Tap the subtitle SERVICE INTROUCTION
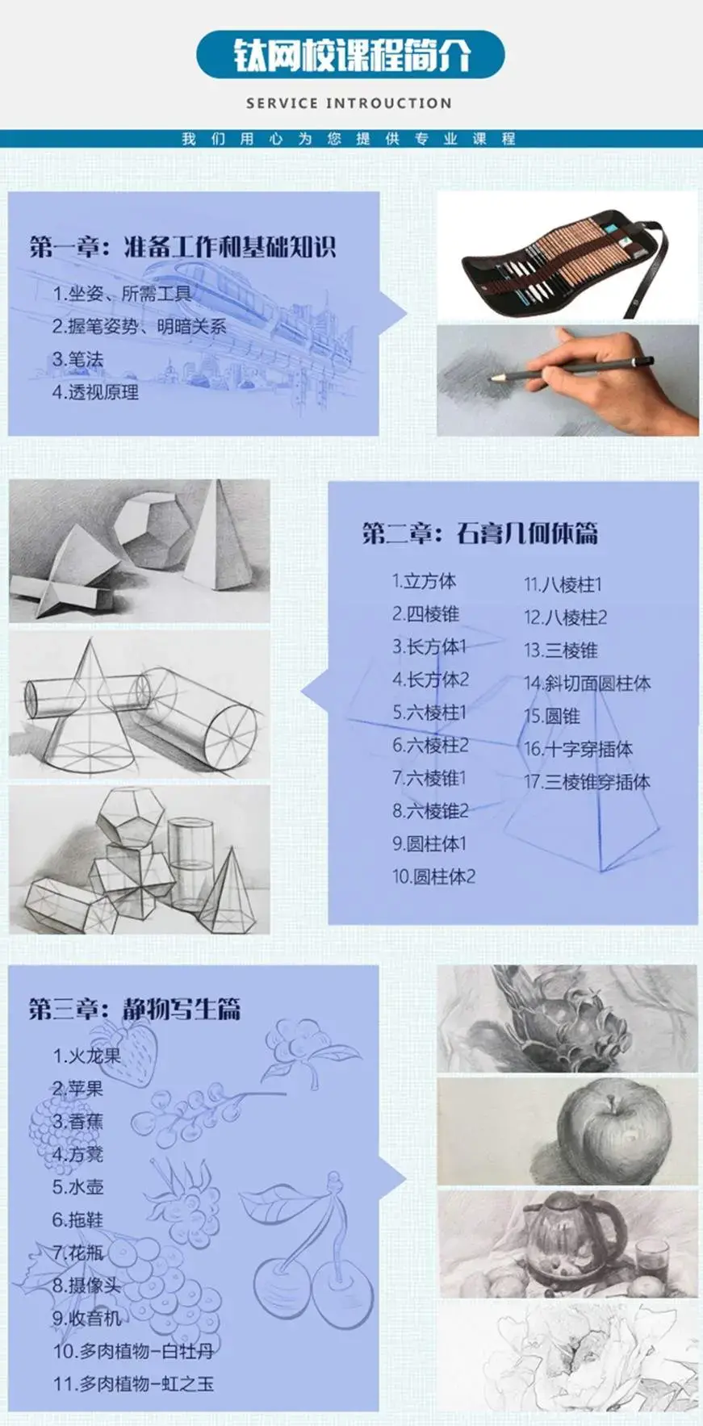[x=349, y=103]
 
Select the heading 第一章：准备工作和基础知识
[x=182, y=247]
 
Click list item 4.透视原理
[x=95, y=393]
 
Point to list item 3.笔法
[x=78, y=360]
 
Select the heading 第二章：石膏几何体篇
[x=479, y=533]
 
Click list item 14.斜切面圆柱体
[x=587, y=684]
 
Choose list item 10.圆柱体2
[x=434, y=876]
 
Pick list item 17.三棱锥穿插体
[x=587, y=782]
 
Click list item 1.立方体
[x=424, y=581]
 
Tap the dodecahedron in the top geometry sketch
[x=153, y=529]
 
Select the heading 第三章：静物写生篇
[x=134, y=1009]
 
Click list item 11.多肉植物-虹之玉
[x=134, y=1384]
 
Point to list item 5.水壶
[x=78, y=1187]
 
